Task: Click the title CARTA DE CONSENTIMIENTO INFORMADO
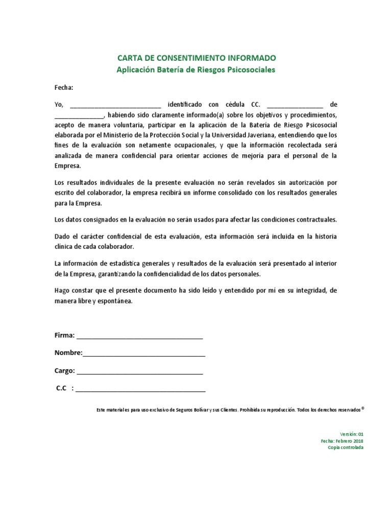tap(197, 58)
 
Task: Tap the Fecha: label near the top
tap(64, 87)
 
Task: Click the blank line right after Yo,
tap(115, 105)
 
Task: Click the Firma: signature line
tap(139, 337)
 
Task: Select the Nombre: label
tap(68, 353)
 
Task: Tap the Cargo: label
tap(65, 371)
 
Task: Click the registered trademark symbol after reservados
tap(362, 409)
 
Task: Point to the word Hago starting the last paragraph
tap(63, 291)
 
